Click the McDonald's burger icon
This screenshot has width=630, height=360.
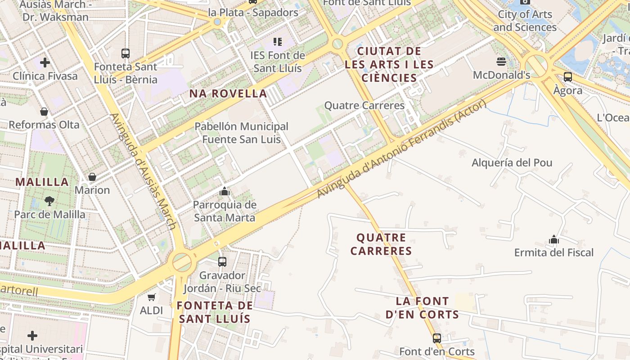pyautogui.click(x=501, y=61)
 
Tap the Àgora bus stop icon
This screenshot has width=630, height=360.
pyautogui.click(x=568, y=77)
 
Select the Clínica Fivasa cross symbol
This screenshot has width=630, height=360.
pyautogui.click(x=45, y=62)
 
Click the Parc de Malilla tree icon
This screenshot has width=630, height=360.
pyautogui.click(x=49, y=201)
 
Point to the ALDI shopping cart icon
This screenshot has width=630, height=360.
pyautogui.click(x=152, y=297)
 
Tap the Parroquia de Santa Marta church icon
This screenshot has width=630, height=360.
pyautogui.click(x=225, y=192)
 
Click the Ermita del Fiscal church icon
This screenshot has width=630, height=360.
pyautogui.click(x=554, y=239)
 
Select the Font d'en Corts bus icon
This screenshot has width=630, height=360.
pyautogui.click(x=436, y=338)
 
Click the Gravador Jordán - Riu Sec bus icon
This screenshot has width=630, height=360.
pyautogui.click(x=222, y=261)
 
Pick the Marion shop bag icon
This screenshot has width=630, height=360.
pyautogui.click(x=92, y=177)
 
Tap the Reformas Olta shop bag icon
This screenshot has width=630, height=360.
pyautogui.click(x=44, y=112)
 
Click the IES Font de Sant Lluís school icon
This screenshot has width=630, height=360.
pyautogui.click(x=278, y=42)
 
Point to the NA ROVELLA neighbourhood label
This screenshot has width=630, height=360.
pyautogui.click(x=228, y=94)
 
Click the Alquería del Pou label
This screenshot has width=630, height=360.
pyautogui.click(x=512, y=162)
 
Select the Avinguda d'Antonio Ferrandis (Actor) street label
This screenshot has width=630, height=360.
pyautogui.click(x=401, y=149)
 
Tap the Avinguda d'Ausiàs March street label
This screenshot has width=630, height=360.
pyautogui.click(x=143, y=171)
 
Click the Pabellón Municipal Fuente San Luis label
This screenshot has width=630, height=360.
pyautogui.click(x=241, y=133)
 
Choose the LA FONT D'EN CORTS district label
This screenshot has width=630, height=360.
pyautogui.click(x=422, y=308)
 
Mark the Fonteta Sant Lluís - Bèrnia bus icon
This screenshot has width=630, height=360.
pyautogui.click(x=126, y=54)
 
